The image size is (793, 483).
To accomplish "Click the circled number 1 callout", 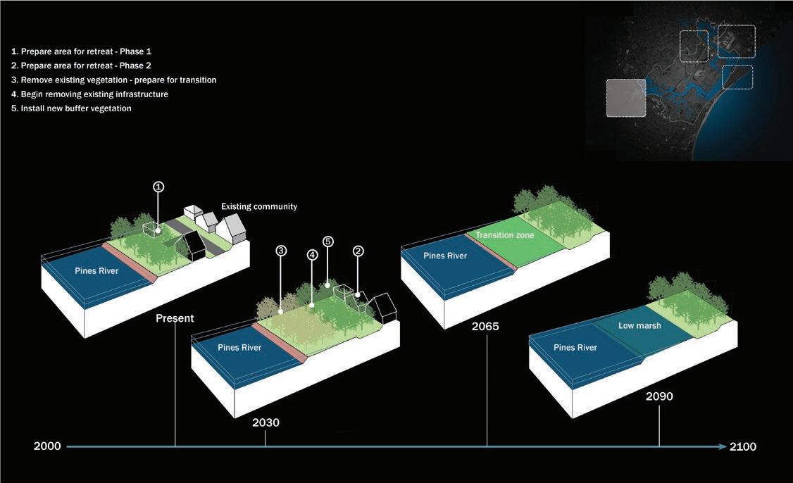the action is point(158,187).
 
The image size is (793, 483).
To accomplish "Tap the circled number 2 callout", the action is point(358,251).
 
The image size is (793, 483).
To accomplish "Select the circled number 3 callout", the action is point(281,251).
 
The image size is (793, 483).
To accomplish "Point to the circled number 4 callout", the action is point(313,256).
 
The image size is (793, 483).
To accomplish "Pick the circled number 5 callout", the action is point(328,241).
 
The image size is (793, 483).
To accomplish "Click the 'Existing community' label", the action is point(259,207).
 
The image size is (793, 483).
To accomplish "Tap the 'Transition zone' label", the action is point(505,235).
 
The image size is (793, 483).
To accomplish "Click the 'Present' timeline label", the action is point(175,318).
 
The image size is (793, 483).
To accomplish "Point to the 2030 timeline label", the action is point(266,423).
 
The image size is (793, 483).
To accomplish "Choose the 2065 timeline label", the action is point(486,327).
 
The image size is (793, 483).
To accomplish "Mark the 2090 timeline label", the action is point(659,396).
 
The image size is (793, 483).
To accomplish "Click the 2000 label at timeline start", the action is point(47,446).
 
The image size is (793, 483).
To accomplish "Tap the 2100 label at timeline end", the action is point(744,446).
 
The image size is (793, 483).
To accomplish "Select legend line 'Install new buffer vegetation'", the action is point(71,108).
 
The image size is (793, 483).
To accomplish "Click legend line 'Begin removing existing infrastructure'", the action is point(89,94).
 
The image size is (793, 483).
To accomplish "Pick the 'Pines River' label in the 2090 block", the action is point(575,348).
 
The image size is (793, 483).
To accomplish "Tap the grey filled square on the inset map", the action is point(626,97).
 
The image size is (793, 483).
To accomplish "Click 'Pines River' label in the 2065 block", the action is point(445,256).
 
